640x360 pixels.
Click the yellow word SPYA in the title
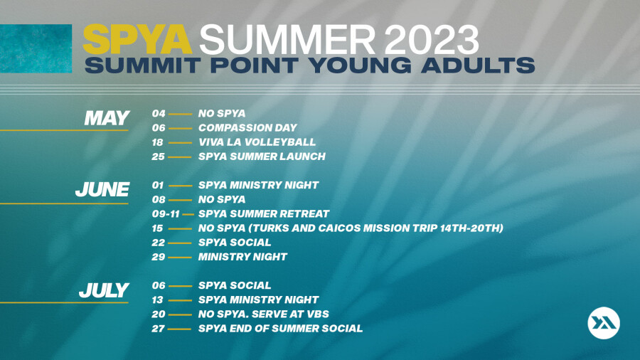coord(137,39)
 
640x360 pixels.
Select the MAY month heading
coord(107,118)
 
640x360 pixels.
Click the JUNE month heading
coord(102,190)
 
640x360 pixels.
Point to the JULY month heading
coord(104,290)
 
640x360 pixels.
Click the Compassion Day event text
coord(247,128)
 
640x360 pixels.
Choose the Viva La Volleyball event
coord(257,142)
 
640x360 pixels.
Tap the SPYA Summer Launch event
coord(262,157)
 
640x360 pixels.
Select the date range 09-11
coord(166,214)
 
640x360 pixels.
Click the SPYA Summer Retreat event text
coord(264,214)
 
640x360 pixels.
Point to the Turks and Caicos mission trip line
coord(351,228)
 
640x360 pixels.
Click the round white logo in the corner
coord(604,323)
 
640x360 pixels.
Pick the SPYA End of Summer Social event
coord(280,329)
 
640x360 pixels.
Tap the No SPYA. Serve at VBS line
coord(264,314)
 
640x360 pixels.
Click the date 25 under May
coord(158,157)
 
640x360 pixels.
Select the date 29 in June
coord(159,257)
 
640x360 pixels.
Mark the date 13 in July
coord(157,300)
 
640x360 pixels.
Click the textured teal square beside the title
coord(36,48)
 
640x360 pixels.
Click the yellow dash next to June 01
coord(180,186)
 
